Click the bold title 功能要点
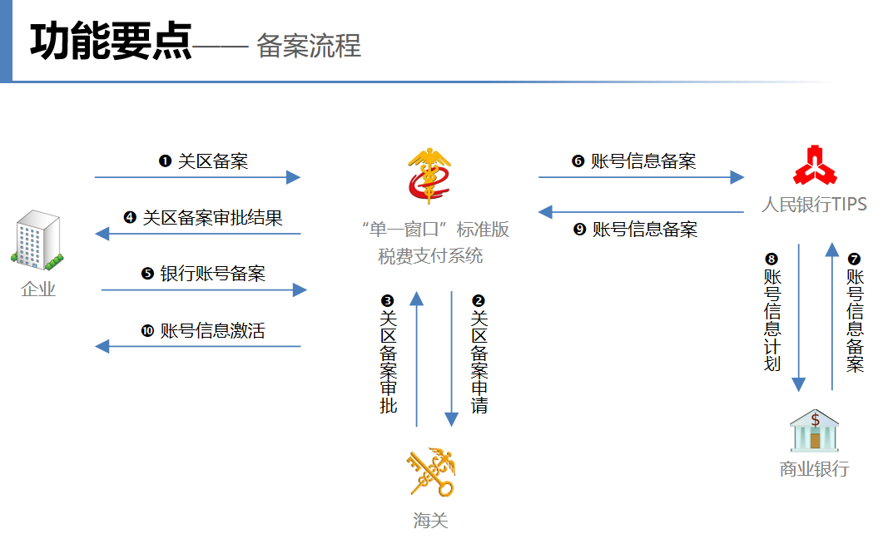tap(111, 41)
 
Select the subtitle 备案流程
tap(309, 45)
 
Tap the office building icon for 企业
tap(37, 240)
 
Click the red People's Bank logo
tap(815, 166)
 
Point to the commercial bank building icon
tap(815, 430)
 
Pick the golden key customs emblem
tap(431, 472)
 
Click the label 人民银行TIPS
tap(815, 204)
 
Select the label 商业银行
tap(815, 469)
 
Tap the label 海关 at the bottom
tap(430, 520)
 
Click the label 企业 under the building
tap(38, 289)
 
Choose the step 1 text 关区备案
tap(213, 161)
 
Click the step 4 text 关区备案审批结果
tap(212, 218)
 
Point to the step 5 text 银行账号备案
tap(213, 274)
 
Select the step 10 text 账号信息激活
tap(213, 331)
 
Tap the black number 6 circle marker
tap(578, 161)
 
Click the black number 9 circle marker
tap(579, 230)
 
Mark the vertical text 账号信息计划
tap(772, 320)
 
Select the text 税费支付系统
tap(430, 256)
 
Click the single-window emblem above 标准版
tap(429, 176)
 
